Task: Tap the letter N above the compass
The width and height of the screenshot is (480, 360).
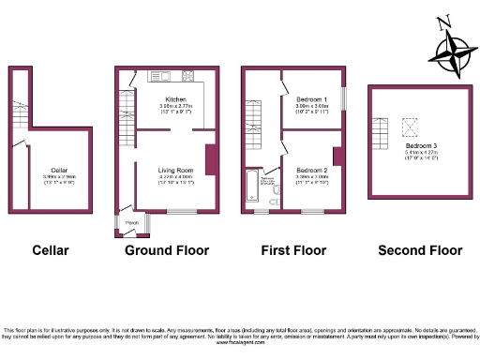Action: (447, 20)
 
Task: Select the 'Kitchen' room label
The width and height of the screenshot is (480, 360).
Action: (175, 99)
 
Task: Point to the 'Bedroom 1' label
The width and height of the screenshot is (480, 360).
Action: (312, 99)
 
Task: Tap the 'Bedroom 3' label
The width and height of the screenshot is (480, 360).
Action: (421, 147)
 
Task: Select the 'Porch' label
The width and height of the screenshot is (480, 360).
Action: (132, 222)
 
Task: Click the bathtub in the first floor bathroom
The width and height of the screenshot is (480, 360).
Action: (249, 187)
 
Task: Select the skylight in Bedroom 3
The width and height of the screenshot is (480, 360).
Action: (409, 126)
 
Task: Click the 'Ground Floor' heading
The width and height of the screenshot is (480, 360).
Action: (167, 250)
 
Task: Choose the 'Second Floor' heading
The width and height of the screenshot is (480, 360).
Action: (420, 250)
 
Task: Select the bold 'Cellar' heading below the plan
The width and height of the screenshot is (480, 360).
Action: (51, 250)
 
